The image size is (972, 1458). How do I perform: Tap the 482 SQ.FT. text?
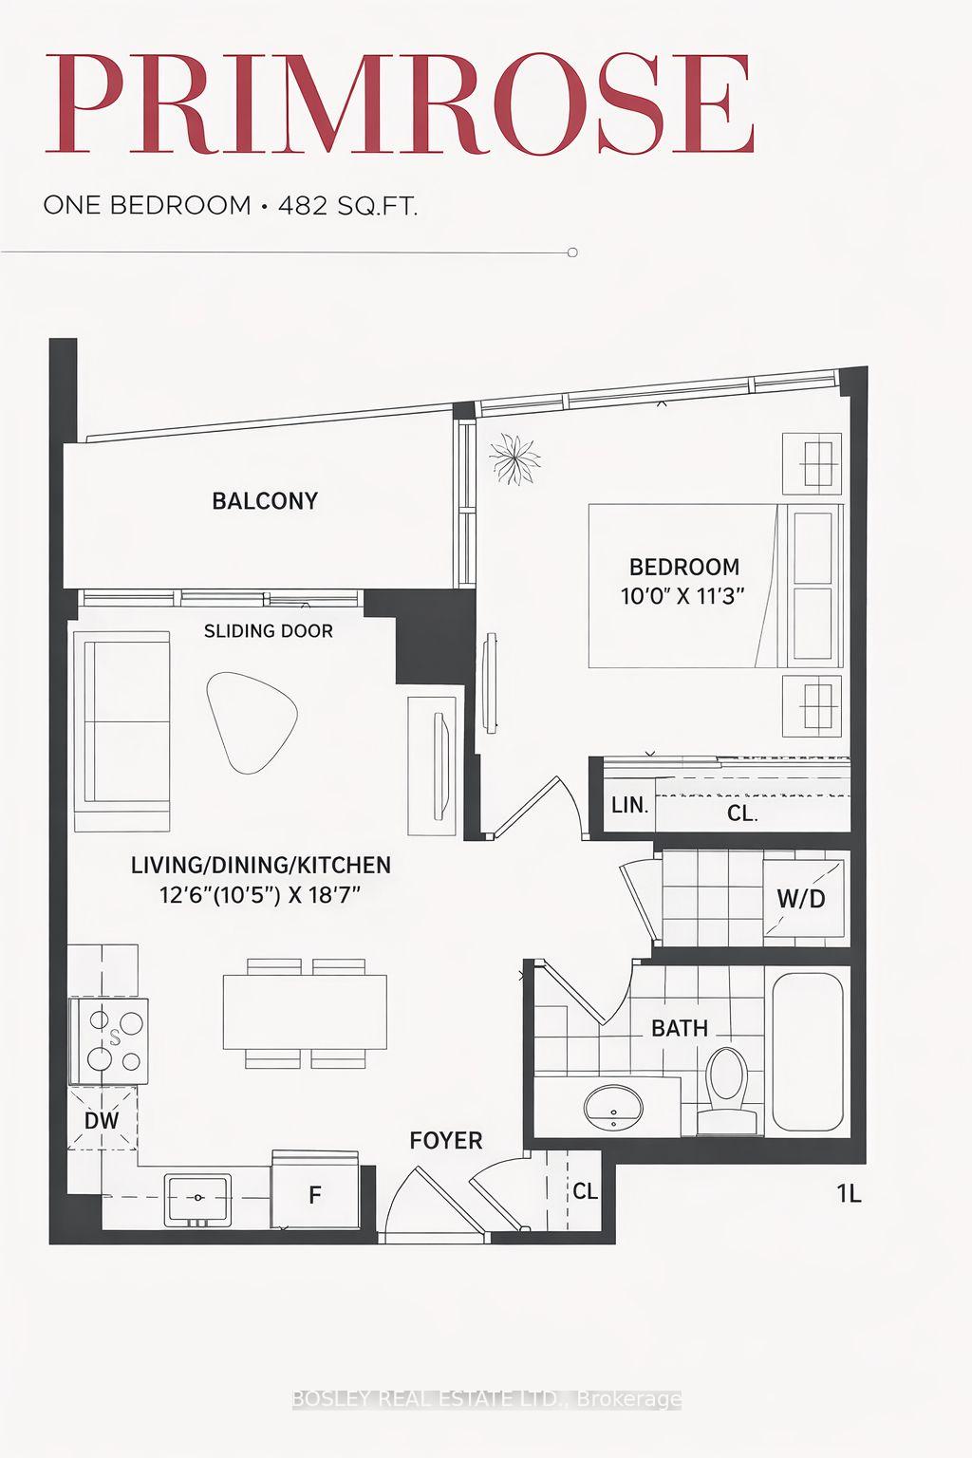click(347, 205)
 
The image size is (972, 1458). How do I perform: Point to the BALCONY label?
click(265, 501)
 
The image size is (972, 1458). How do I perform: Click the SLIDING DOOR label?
click(269, 630)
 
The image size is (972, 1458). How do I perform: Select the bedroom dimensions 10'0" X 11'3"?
click(683, 596)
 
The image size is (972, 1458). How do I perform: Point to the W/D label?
click(801, 898)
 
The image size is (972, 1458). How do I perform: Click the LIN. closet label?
click(629, 806)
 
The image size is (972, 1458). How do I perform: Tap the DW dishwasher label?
click(102, 1120)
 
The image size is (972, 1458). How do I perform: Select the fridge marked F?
click(314, 1194)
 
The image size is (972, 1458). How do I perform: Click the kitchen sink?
click(198, 1200)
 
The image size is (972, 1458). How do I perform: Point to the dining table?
click(305, 1012)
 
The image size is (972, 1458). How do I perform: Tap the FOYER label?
click(446, 1140)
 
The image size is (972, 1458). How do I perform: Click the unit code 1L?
click(850, 1193)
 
